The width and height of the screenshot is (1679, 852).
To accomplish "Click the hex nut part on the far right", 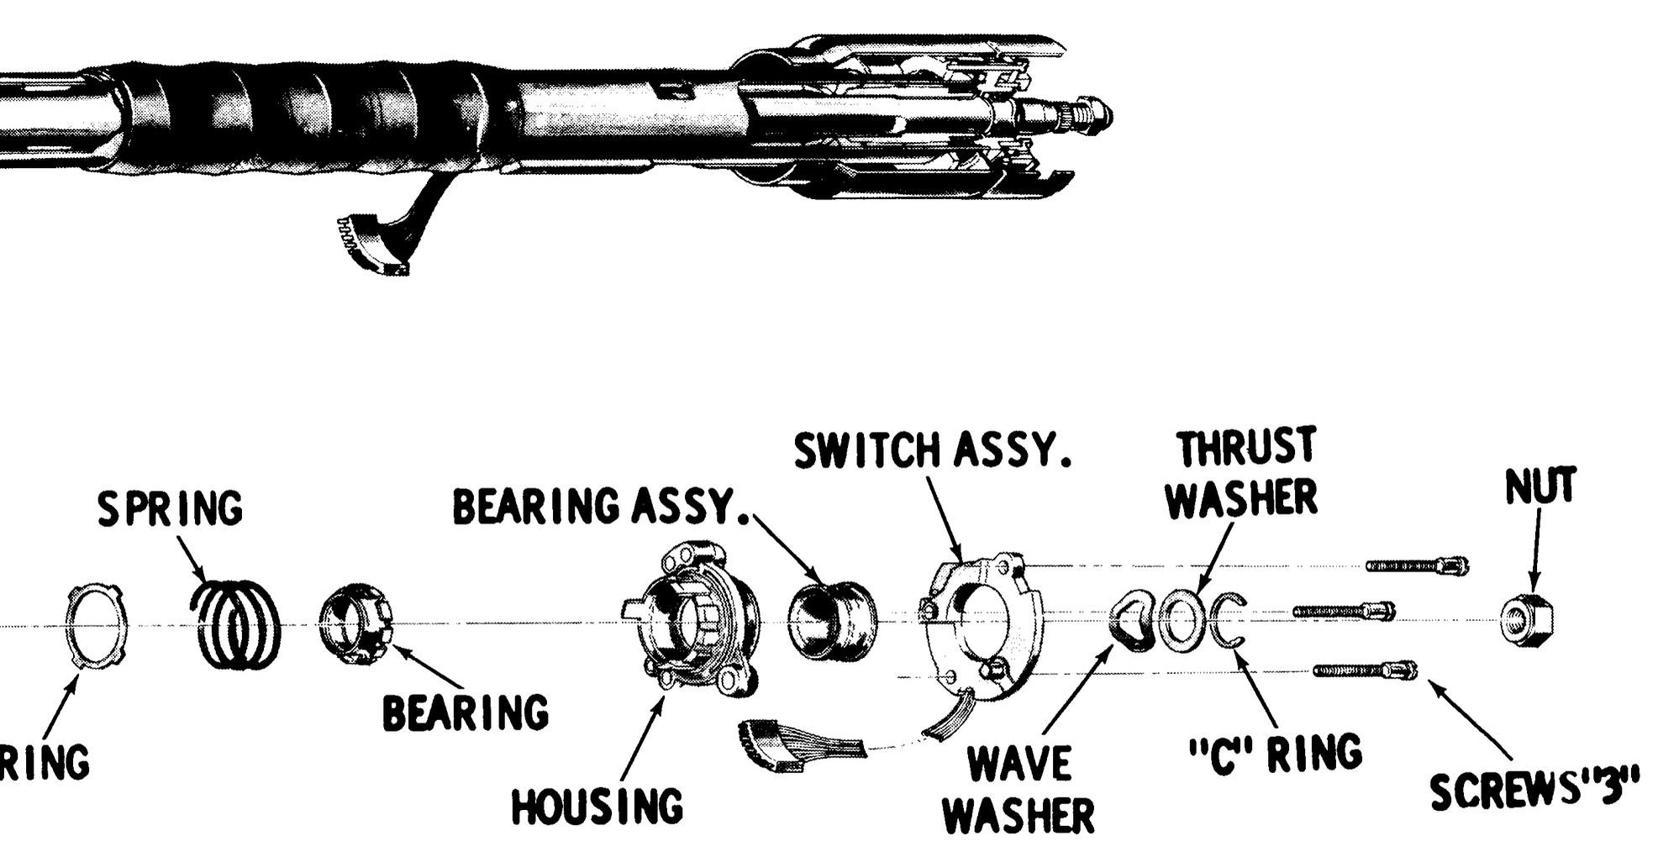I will pos(1527,623).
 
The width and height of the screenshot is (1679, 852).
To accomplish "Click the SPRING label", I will pos(171,509).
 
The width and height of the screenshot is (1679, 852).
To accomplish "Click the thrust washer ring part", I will pos(1183,621).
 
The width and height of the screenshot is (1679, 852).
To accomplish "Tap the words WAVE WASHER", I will pos(1020,788).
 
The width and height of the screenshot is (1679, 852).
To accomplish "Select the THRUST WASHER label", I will pos(1245,473).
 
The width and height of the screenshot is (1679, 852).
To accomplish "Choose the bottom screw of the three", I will pos(1366,670).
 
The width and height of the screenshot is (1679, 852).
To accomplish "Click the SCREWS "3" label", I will pos(1534,790).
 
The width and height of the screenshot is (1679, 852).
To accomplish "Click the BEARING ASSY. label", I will pos(601,508).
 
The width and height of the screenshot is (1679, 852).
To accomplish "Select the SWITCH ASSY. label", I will pos(933,452).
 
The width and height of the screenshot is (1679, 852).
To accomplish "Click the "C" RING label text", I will pos(1277,752).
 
